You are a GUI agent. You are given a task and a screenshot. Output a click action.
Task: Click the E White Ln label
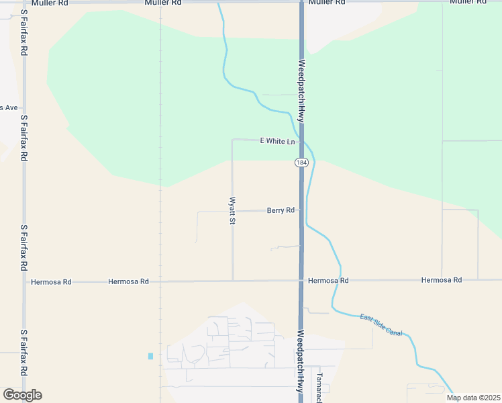tap(277, 141)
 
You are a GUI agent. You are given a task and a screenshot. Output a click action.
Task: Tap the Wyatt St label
tap(232, 210)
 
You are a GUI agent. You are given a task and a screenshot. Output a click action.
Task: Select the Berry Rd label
tap(281, 210)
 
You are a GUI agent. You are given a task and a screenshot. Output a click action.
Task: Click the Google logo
tap(22, 395)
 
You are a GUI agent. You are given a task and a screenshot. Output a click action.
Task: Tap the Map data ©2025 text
tap(473, 398)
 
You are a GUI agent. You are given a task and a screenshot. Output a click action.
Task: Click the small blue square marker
tap(150, 355)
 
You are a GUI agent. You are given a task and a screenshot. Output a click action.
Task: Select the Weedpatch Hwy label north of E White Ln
tap(302, 91)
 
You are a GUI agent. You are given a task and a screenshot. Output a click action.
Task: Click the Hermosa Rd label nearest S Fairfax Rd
tap(48, 282)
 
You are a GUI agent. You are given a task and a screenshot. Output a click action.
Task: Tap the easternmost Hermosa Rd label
tap(441, 279)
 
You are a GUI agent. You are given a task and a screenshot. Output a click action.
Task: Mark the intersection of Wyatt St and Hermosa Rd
tap(232, 281)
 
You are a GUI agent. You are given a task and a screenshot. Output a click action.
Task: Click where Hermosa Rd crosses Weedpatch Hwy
tap(301, 280)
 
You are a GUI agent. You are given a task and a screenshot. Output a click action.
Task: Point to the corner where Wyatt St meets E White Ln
tap(232, 140)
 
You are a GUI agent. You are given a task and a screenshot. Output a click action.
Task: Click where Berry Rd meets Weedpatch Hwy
tap(301, 210)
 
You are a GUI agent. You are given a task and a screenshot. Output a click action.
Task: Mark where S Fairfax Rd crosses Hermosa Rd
tap(23, 282)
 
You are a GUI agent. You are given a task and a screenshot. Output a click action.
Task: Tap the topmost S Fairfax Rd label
tap(23, 32)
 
